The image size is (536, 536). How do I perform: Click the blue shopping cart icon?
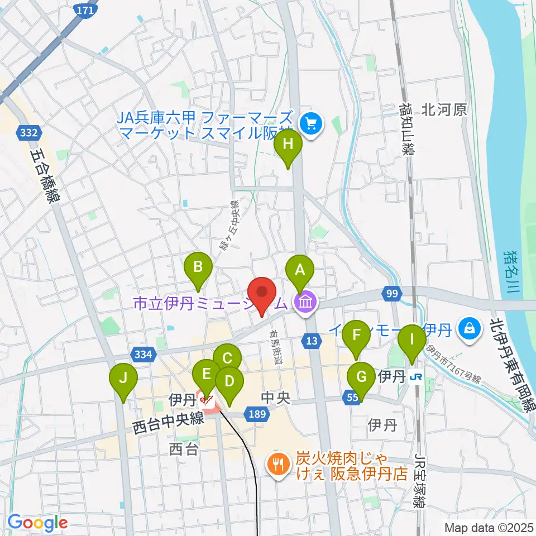pos(311,121)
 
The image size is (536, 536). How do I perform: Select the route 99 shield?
pos(390,293)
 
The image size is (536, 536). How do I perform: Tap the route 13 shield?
pos(312,340)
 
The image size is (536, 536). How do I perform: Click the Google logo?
pos(37,523)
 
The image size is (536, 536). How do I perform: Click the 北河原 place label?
pos(444,110)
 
